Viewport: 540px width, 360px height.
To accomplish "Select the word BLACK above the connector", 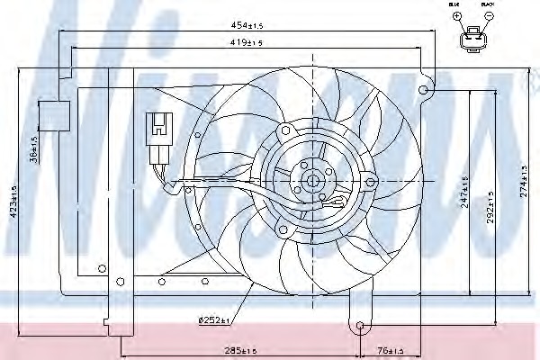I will point(489,5).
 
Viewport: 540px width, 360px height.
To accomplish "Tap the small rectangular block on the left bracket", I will point(55,114).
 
